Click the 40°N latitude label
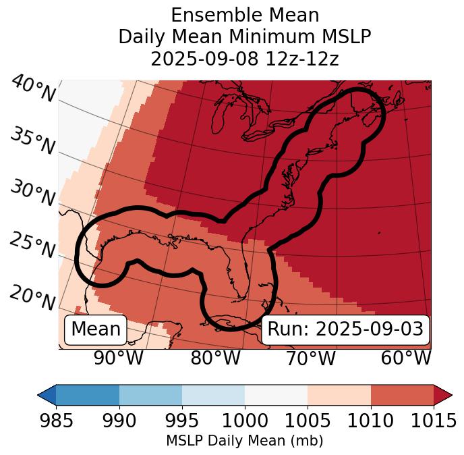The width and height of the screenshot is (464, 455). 32,89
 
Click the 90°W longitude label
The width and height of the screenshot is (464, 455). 119,358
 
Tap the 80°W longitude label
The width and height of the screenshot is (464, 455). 215,358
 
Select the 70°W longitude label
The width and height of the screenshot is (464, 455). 311,358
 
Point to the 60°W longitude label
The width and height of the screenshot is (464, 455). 406,358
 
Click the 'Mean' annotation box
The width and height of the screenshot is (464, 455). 96,329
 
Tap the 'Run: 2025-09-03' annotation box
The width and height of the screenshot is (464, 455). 345,329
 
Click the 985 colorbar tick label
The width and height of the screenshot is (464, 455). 56,421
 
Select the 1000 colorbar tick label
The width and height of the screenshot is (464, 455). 245,421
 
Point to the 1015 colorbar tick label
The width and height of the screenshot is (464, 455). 433,421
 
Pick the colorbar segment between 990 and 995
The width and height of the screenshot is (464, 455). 150,394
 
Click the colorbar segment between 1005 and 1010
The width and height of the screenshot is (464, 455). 339,394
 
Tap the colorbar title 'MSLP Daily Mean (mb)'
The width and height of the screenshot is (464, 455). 244,441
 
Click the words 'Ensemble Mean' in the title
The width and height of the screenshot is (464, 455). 244,15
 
